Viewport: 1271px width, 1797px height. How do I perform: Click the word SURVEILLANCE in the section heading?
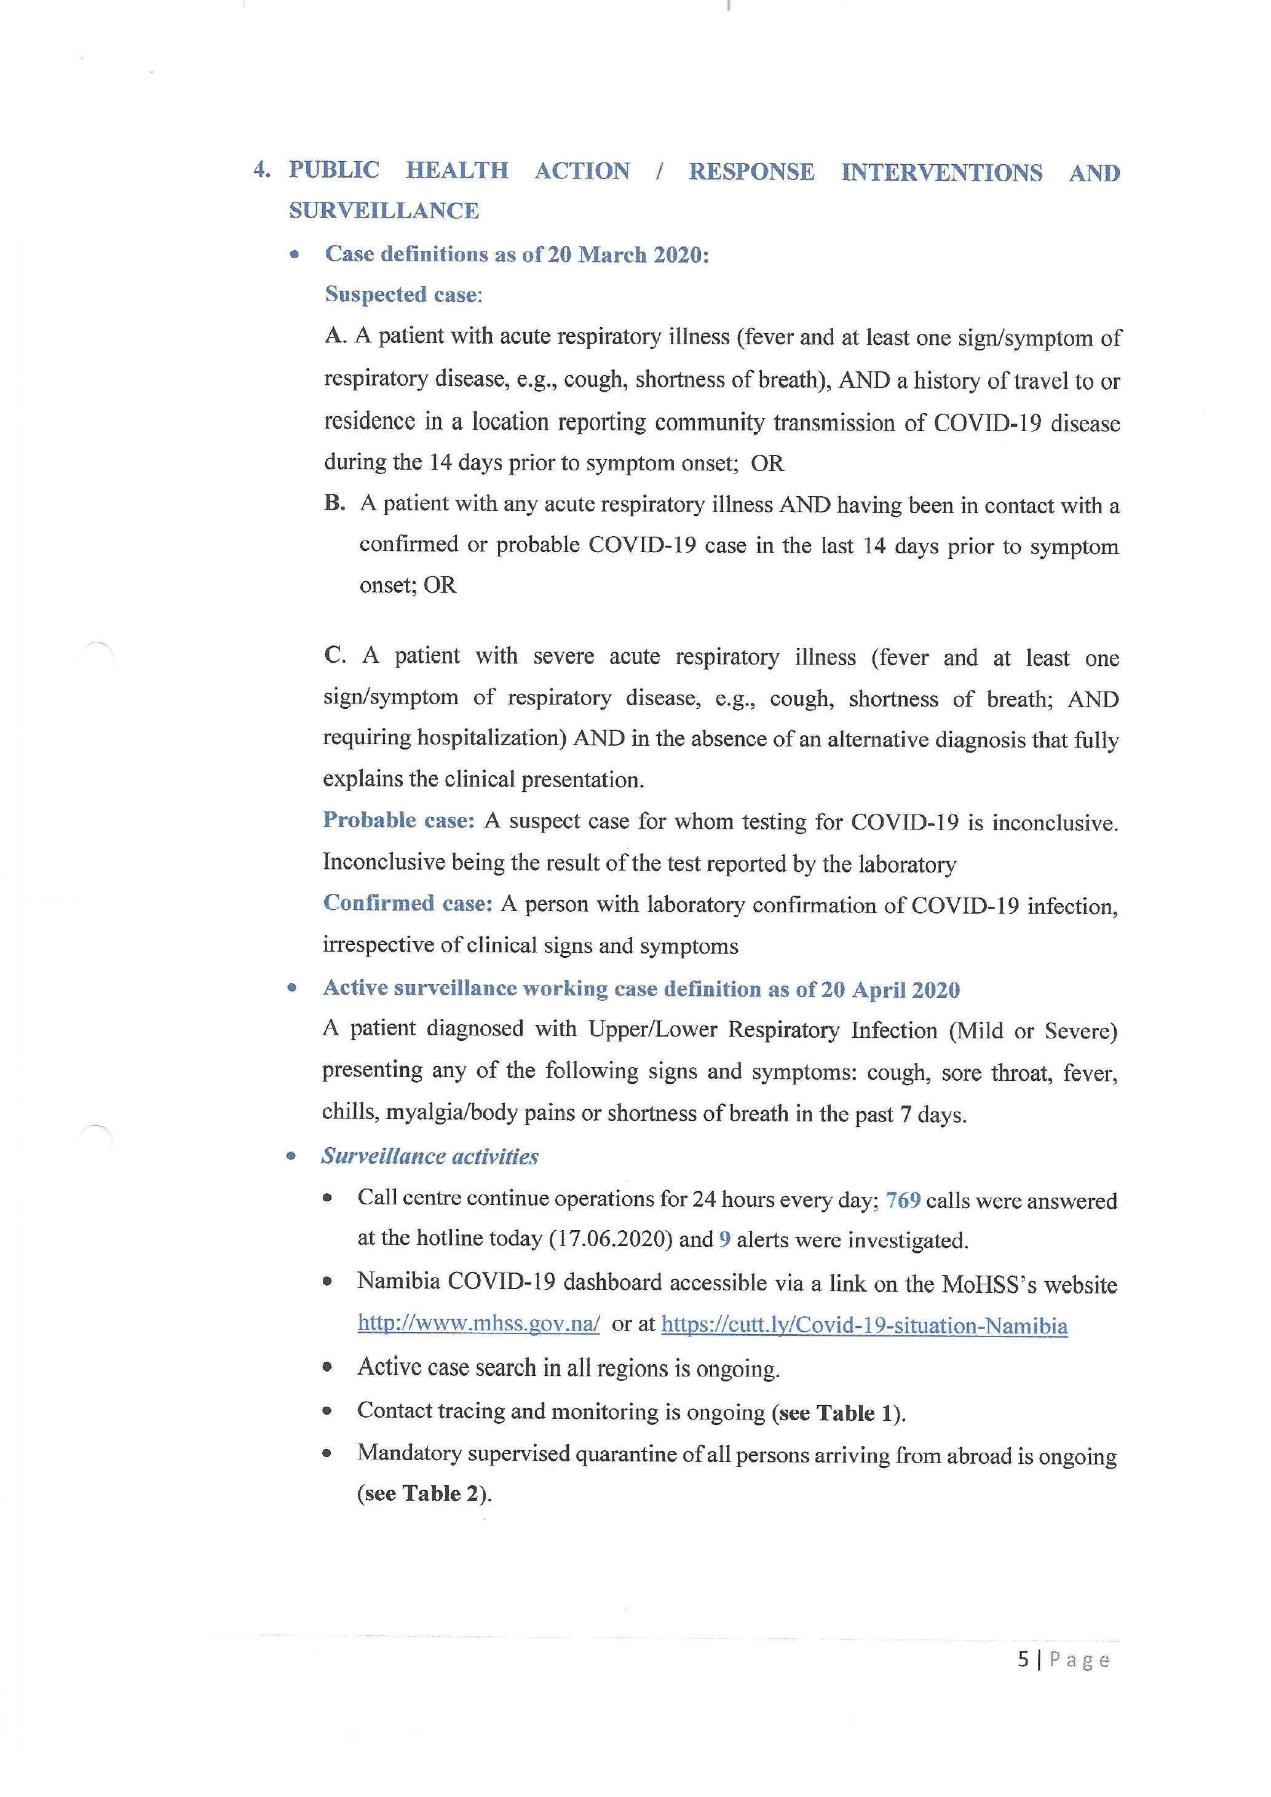[384, 210]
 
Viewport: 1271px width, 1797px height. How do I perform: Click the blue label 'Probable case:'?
[398, 820]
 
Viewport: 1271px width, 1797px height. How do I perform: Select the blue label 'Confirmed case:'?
[407, 903]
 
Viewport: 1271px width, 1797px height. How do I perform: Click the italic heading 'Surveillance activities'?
[430, 1157]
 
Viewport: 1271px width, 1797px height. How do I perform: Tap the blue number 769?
[903, 1201]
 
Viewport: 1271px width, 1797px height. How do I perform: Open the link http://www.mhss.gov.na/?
[478, 1324]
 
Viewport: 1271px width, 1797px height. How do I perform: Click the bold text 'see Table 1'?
[834, 1413]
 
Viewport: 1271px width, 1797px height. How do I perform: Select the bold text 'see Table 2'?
[419, 1493]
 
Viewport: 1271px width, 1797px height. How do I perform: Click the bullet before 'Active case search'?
[327, 1368]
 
